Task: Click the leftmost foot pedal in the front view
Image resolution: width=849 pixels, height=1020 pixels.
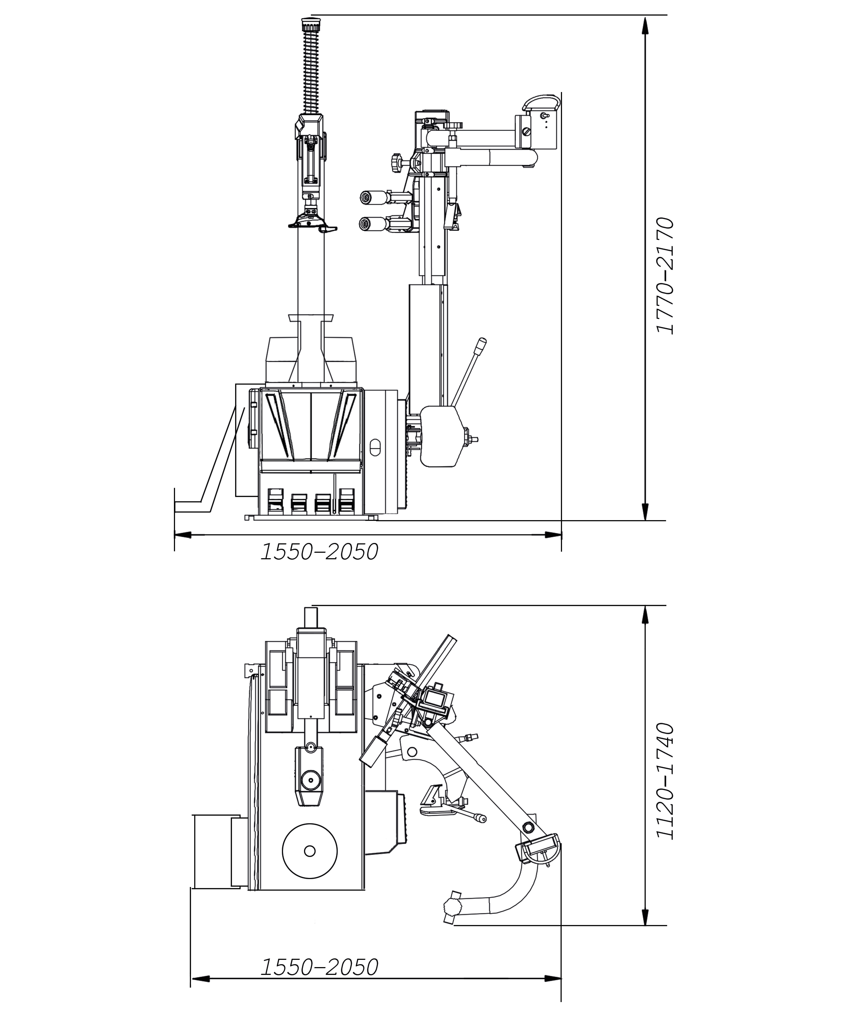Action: tap(275, 500)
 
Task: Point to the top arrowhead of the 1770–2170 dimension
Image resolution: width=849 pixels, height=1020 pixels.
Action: tap(645, 25)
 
